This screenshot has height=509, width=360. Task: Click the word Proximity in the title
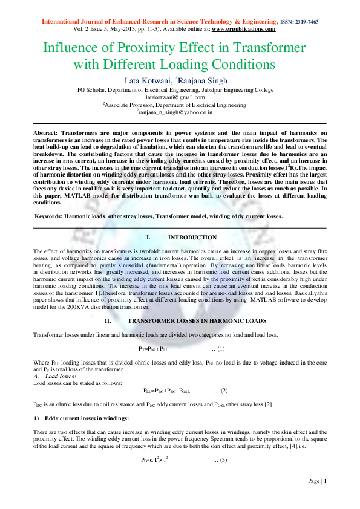[x=168, y=48]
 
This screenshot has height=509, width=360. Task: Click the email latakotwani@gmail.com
[x=180, y=97]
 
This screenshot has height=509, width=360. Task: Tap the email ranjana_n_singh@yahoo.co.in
[x=180, y=112]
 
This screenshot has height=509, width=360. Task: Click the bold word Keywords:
[x=50, y=216]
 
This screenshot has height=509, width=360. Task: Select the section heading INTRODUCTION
[x=192, y=238]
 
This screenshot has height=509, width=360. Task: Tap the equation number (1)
[x=220, y=349]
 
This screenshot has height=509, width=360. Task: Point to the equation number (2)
[x=220, y=391]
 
